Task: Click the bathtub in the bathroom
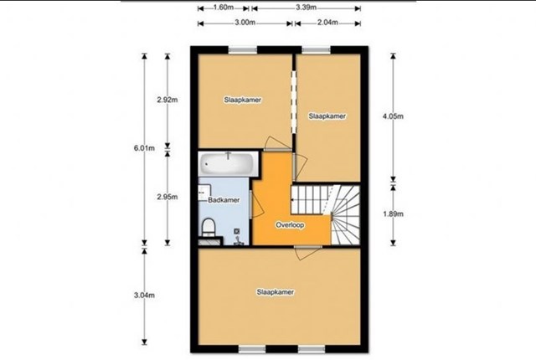tap(227, 164)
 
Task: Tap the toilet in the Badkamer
tap(209, 228)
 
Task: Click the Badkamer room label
tap(224, 200)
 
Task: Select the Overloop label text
tap(290, 225)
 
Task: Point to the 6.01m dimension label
tap(144, 148)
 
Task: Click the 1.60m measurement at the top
tap(224, 8)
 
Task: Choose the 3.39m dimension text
tap(307, 8)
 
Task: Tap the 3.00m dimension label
tap(245, 23)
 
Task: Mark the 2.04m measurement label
tap(327, 23)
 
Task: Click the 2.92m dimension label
tap(167, 100)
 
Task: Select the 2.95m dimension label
tap(167, 197)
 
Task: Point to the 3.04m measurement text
tap(144, 296)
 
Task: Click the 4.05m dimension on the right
tap(393, 116)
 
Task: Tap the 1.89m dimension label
tap(393, 214)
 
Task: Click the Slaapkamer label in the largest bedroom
tap(276, 292)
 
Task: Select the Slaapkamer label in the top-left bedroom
tap(243, 100)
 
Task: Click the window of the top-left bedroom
tap(243, 50)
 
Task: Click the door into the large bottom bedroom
tap(307, 253)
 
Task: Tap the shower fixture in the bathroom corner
tap(238, 238)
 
